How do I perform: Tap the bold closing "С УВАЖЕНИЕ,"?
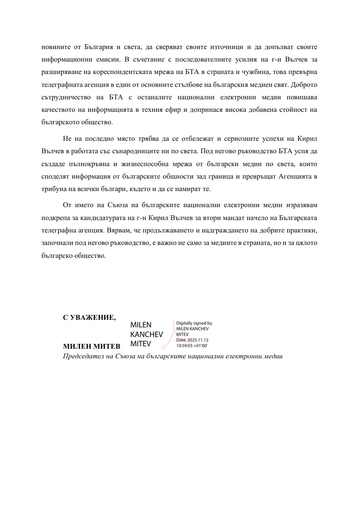[x=89, y=317]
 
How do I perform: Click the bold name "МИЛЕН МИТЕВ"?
[x=91, y=346]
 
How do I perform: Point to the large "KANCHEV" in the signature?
[x=146, y=334]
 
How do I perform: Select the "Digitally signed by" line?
[x=194, y=323]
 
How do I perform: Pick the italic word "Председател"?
[x=81, y=356]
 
